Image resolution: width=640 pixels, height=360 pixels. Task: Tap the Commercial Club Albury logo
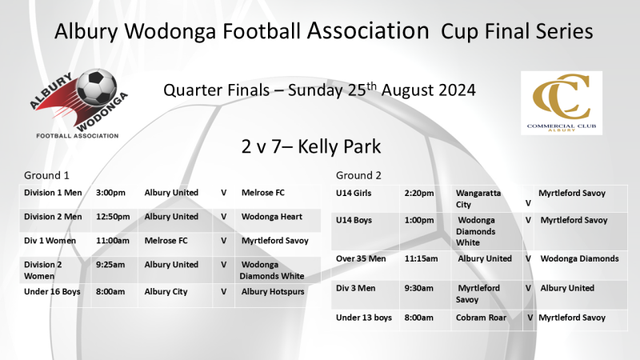(x=561, y=102)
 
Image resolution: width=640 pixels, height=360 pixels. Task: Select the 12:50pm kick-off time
(x=111, y=217)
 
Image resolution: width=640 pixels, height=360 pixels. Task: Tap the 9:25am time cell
(x=110, y=265)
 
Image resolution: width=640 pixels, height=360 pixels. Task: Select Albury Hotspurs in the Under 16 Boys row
(x=273, y=292)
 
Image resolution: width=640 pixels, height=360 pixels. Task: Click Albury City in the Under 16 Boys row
(x=166, y=292)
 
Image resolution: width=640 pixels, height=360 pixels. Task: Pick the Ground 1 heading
(x=45, y=175)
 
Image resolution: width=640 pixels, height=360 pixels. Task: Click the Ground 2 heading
(x=358, y=175)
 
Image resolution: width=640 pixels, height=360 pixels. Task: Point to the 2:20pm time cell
(x=419, y=193)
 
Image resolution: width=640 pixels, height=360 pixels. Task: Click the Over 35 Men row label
(x=362, y=258)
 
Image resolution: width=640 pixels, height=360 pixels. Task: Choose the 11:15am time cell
(x=421, y=258)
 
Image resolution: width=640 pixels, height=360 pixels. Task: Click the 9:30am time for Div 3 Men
(x=419, y=288)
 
